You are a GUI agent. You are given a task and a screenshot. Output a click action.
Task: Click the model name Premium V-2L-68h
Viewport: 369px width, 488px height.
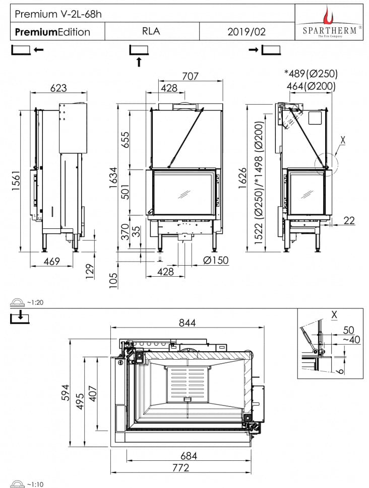tap(58, 14)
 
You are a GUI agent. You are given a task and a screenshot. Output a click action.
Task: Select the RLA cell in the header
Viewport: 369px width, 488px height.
tap(151, 31)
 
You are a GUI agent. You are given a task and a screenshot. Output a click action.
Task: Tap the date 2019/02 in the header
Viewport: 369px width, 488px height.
tap(247, 32)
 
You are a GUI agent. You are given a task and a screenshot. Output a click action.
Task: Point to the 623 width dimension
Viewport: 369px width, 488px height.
tap(58, 88)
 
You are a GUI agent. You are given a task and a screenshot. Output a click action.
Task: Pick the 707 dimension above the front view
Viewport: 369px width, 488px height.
tap(190, 76)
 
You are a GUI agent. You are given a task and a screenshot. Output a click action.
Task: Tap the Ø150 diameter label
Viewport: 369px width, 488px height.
tap(216, 260)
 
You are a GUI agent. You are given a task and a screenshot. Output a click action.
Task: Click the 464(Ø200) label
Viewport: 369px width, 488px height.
tap(311, 86)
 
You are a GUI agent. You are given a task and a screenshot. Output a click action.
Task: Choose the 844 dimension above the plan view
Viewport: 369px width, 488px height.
tap(188, 322)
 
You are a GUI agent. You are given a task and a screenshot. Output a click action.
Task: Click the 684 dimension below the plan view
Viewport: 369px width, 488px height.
tap(188, 456)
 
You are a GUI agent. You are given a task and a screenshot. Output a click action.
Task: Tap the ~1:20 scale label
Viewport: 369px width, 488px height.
tap(35, 302)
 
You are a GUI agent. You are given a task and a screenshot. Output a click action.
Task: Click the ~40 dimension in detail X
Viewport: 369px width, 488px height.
tap(351, 340)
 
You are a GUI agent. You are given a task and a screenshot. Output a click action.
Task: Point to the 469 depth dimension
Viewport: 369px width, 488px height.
tap(51, 261)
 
